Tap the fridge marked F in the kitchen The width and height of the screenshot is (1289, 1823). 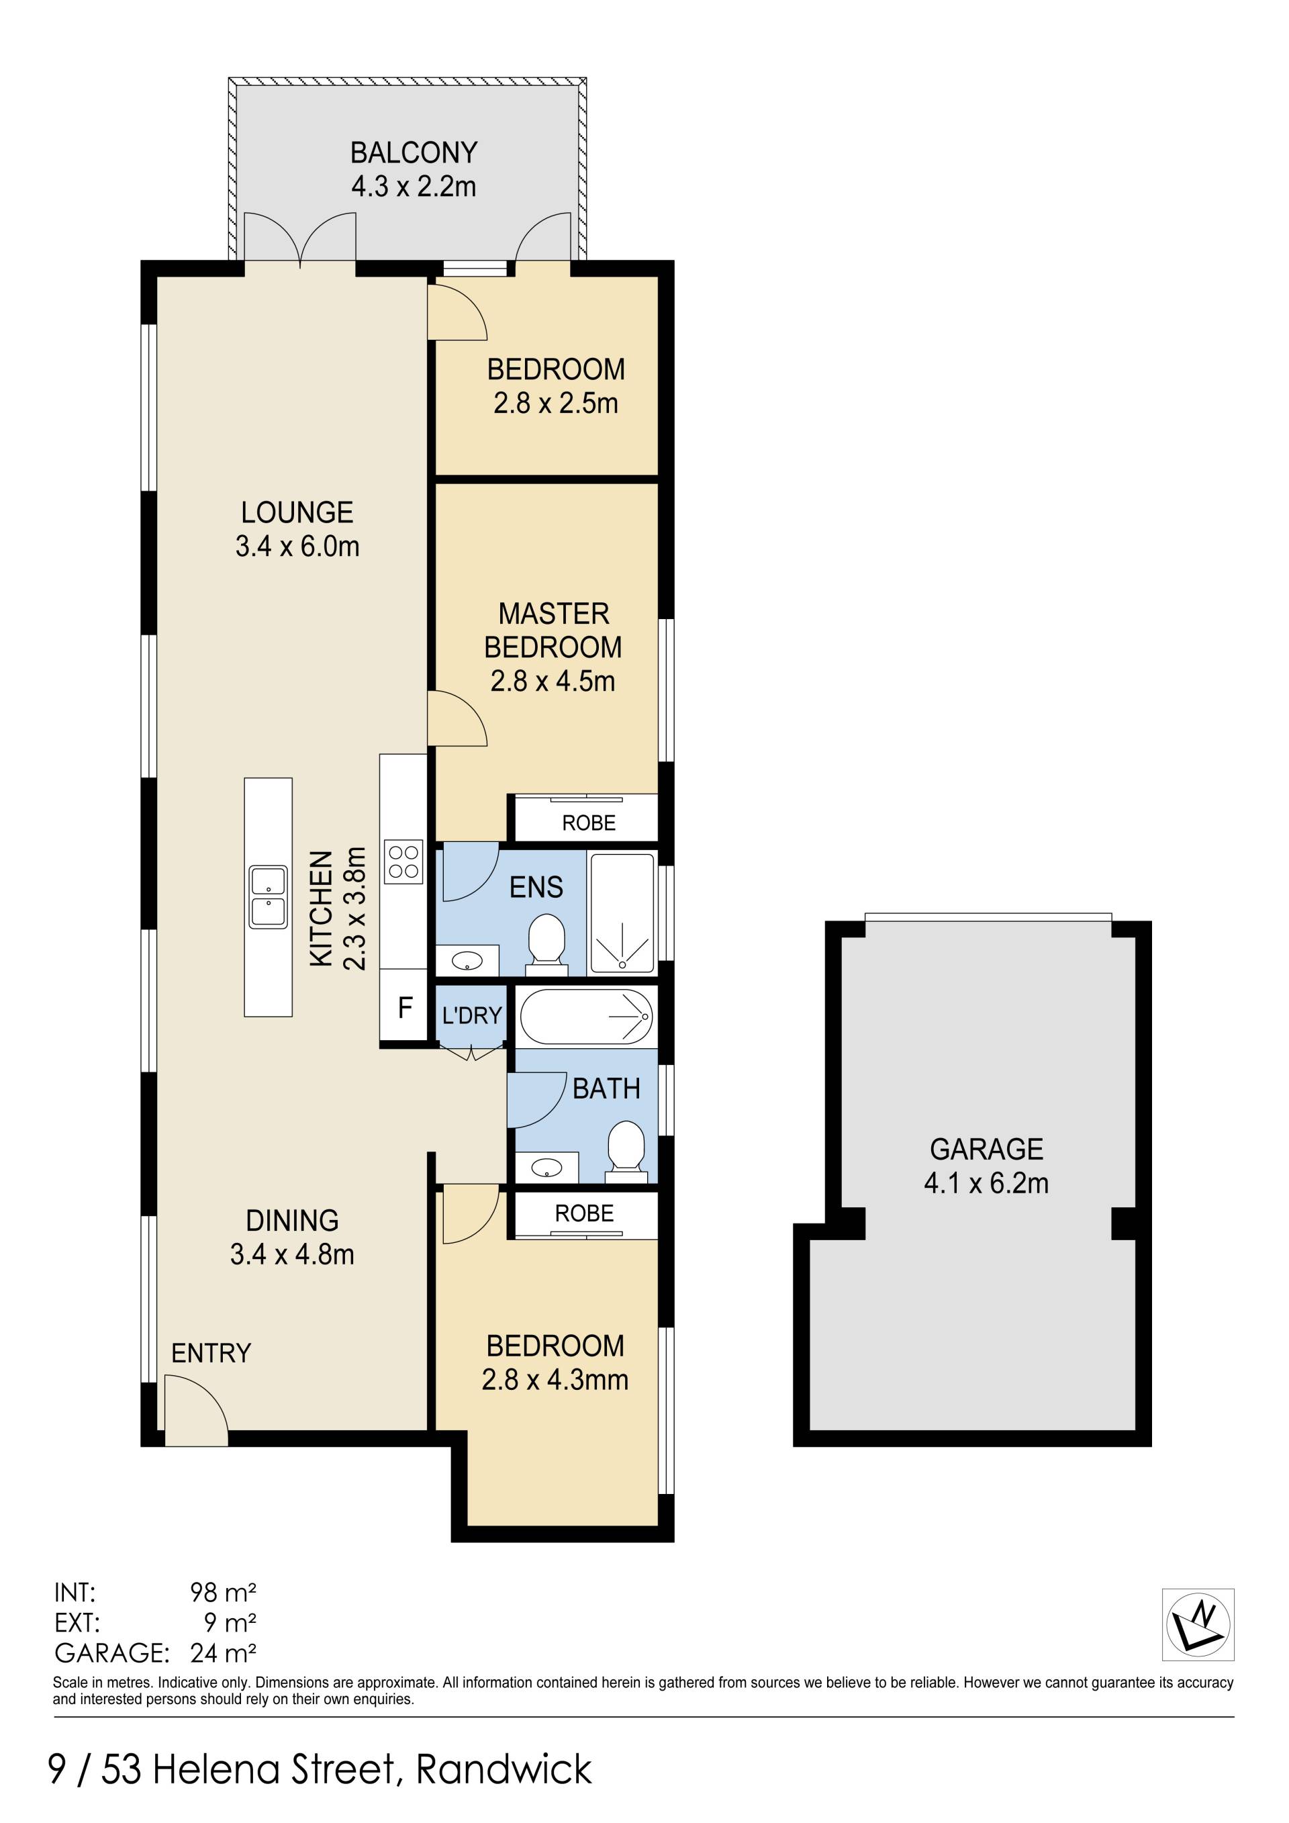click(x=404, y=1008)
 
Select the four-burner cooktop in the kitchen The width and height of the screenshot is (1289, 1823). click(x=403, y=861)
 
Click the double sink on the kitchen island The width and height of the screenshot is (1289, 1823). click(x=269, y=897)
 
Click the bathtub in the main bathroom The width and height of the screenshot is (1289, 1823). click(x=587, y=1017)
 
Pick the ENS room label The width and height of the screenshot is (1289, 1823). click(x=536, y=887)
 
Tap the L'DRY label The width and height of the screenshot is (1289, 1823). click(x=472, y=1015)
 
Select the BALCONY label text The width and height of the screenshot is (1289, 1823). click(x=414, y=152)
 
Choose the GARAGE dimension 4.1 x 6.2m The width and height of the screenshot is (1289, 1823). click(x=987, y=1183)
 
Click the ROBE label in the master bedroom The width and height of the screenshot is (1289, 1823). click(x=589, y=823)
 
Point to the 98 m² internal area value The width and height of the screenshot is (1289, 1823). click(x=223, y=1592)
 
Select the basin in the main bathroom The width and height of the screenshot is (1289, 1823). click(x=546, y=1168)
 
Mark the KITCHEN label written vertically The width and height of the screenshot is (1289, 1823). click(x=321, y=909)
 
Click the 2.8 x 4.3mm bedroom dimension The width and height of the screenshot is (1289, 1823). click(x=555, y=1380)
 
